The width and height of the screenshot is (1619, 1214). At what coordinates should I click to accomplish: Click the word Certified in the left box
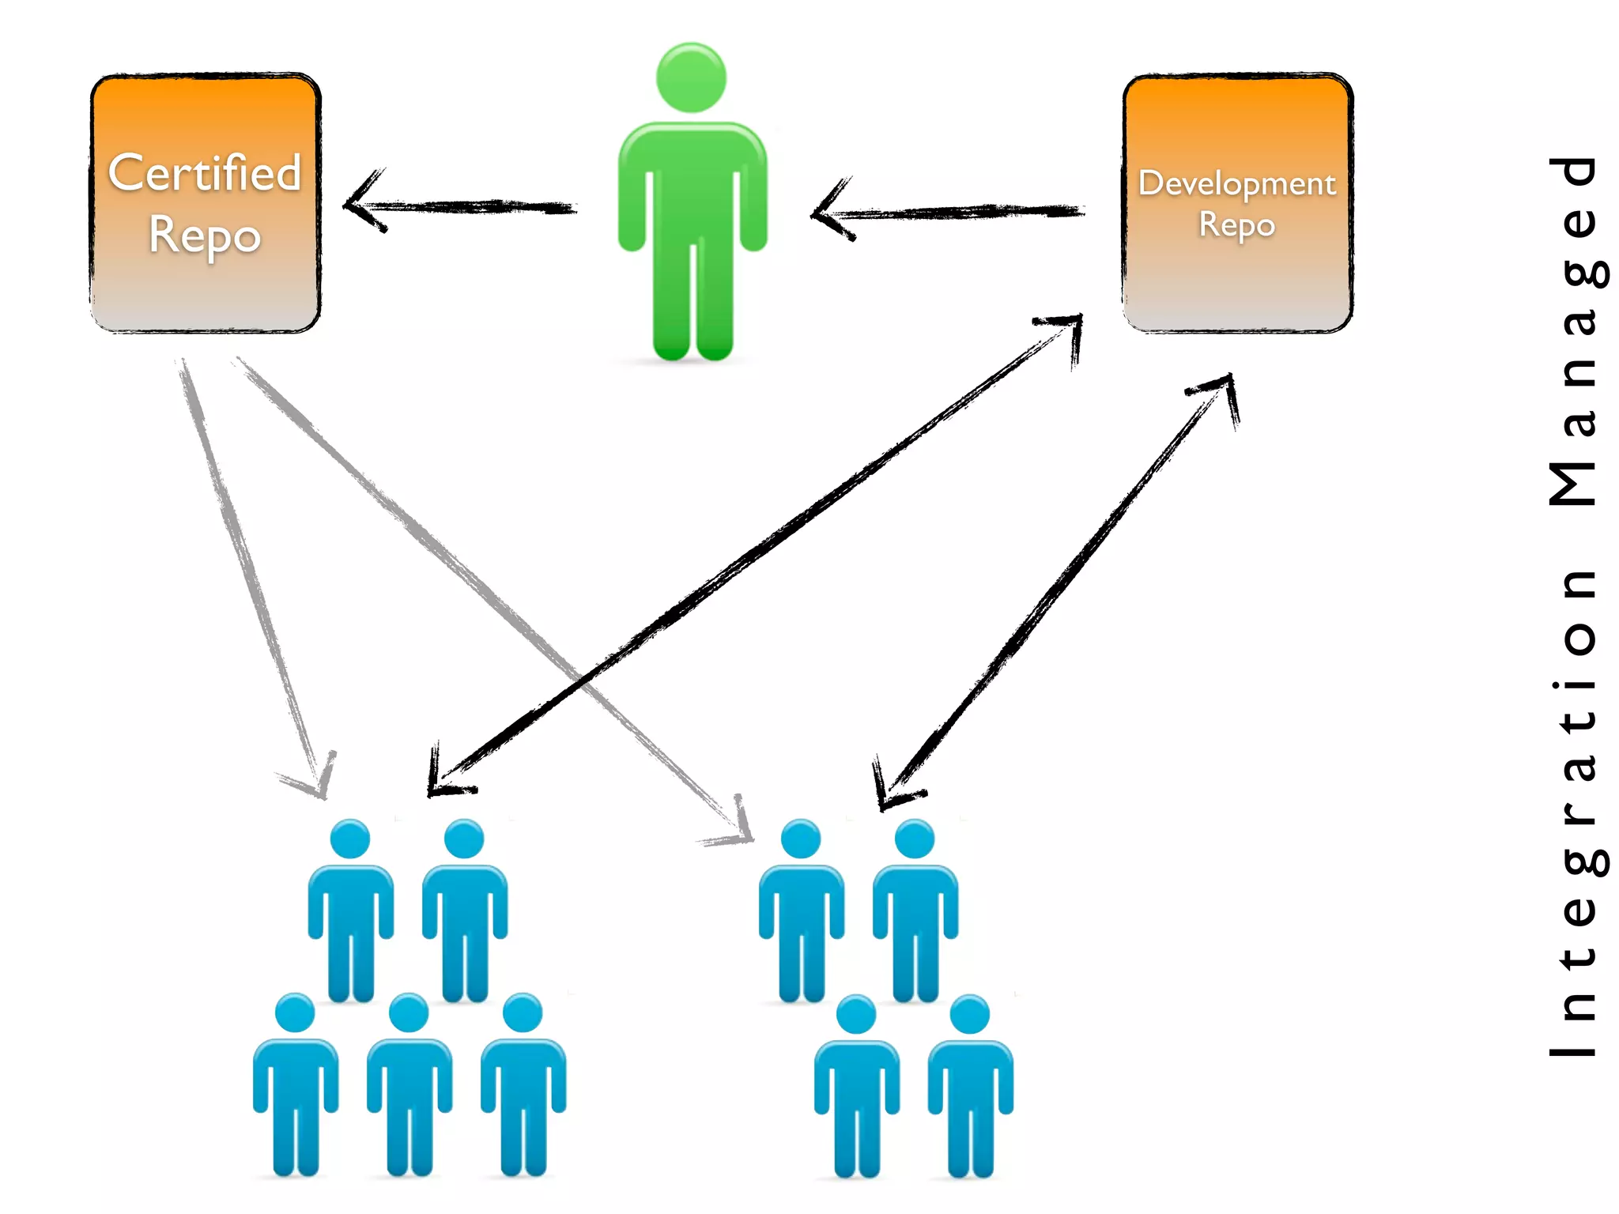coord(205,173)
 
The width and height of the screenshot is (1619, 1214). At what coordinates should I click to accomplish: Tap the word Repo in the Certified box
coord(205,236)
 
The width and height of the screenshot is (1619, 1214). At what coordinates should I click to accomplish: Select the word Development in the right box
coord(1236,183)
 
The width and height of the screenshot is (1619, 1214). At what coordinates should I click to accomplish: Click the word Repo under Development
coord(1236,224)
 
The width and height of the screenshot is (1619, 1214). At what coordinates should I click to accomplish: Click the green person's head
coord(691,77)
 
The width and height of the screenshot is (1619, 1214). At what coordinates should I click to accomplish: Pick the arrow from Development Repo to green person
coord(949,212)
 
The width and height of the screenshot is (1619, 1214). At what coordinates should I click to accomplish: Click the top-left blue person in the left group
coord(350,909)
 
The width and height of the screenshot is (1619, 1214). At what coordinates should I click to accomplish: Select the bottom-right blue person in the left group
coord(523,1083)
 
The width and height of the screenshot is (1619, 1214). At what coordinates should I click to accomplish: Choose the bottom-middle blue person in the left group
coord(409,1083)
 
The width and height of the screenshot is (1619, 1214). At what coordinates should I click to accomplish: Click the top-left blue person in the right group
coord(801,909)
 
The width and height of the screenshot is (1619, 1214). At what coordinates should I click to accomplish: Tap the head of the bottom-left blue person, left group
coord(295,1012)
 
